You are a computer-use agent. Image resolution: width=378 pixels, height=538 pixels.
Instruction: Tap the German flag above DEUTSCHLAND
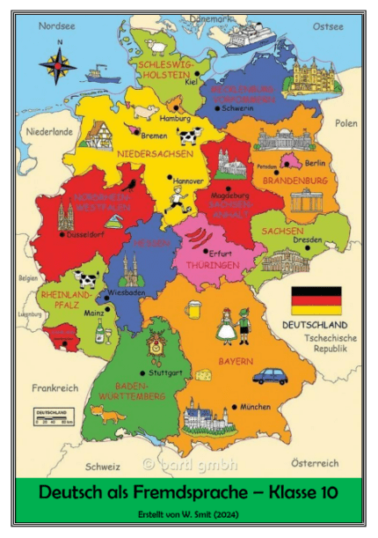pyautogui.click(x=316, y=300)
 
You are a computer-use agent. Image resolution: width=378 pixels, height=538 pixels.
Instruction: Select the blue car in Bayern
pyautogui.click(x=270, y=376)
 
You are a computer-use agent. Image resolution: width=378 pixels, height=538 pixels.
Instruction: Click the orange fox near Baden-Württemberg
pyautogui.click(x=106, y=413)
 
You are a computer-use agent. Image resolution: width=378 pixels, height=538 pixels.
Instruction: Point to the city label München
pyautogui.click(x=255, y=408)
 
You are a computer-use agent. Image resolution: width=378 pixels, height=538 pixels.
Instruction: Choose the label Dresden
pyautogui.click(x=307, y=239)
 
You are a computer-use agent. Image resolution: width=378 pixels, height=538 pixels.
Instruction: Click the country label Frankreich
pyautogui.click(x=55, y=387)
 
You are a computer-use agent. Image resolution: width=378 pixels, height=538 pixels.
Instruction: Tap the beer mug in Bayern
pyautogui.click(x=197, y=310)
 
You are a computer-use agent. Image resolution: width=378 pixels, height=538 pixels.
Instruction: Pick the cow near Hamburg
pyautogui.click(x=190, y=136)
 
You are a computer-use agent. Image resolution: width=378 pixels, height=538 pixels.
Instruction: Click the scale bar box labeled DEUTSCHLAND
pyautogui.click(x=54, y=416)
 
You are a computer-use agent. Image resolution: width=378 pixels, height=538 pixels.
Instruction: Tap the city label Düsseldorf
pyautogui.click(x=86, y=235)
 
